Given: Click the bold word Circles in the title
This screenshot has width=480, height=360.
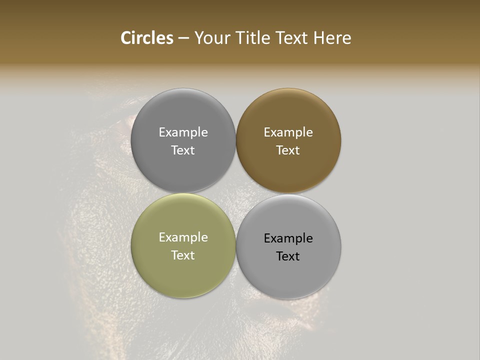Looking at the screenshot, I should [x=147, y=38].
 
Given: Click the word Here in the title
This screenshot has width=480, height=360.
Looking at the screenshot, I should [x=332, y=38].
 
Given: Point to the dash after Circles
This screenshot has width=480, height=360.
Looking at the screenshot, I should [x=183, y=38].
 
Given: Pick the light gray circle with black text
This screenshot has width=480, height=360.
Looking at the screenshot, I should [x=288, y=272].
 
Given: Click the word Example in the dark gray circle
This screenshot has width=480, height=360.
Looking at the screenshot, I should [x=183, y=132].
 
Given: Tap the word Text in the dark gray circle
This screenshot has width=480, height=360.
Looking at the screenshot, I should [x=183, y=150].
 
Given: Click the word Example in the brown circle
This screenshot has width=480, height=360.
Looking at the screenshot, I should [x=288, y=132].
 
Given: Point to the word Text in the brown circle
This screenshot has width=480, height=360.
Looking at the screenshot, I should [x=288, y=150].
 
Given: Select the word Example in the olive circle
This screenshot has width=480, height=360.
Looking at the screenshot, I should [x=183, y=237].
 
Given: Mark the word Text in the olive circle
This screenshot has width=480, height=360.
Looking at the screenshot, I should [x=183, y=255].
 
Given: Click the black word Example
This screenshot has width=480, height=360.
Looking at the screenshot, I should [x=288, y=238].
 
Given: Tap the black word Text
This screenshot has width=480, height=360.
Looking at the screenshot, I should [x=288, y=256].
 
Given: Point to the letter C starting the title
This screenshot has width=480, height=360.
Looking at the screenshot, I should [x=126, y=38].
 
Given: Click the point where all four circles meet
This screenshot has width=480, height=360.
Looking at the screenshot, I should [x=236, y=193].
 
